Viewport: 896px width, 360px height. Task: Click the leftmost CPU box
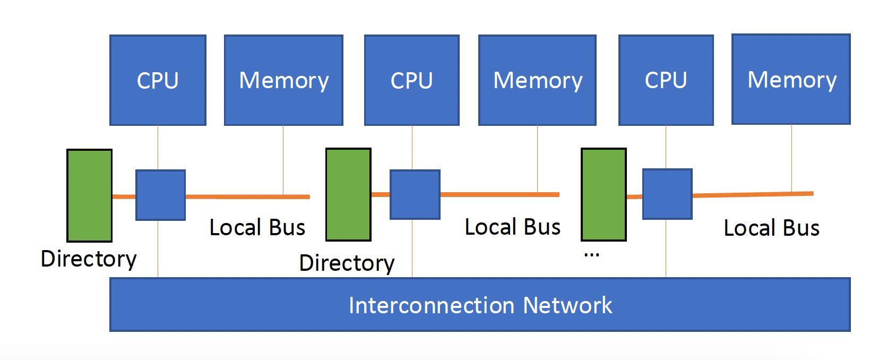[x=158, y=80]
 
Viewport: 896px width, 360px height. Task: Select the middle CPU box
[x=411, y=80]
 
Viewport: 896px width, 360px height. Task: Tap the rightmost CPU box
[x=666, y=80]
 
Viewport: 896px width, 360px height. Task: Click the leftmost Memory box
[x=283, y=80]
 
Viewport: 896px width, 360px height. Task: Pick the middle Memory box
[x=537, y=80]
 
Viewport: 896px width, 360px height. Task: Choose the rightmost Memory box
[x=791, y=80]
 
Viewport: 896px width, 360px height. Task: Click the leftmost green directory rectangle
[x=89, y=195]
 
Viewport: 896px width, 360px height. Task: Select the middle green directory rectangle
[x=348, y=194]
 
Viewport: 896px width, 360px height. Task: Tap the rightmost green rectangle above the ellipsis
[x=604, y=194]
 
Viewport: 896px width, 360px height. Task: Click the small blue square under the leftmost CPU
[x=160, y=195]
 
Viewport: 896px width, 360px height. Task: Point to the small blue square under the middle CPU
[x=415, y=194]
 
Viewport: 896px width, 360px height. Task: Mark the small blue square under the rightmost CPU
[x=667, y=194]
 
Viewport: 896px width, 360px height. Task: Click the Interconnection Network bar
[x=480, y=305]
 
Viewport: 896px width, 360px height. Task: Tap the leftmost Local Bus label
[x=257, y=227]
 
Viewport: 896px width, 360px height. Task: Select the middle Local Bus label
[x=512, y=227]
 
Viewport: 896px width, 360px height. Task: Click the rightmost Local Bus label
[x=771, y=228]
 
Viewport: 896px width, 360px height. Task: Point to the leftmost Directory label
[x=89, y=259]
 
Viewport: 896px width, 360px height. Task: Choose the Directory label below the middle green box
[x=347, y=263]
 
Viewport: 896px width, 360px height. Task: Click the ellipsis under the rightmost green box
[x=591, y=255]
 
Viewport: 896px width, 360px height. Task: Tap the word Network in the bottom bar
[x=567, y=305]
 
